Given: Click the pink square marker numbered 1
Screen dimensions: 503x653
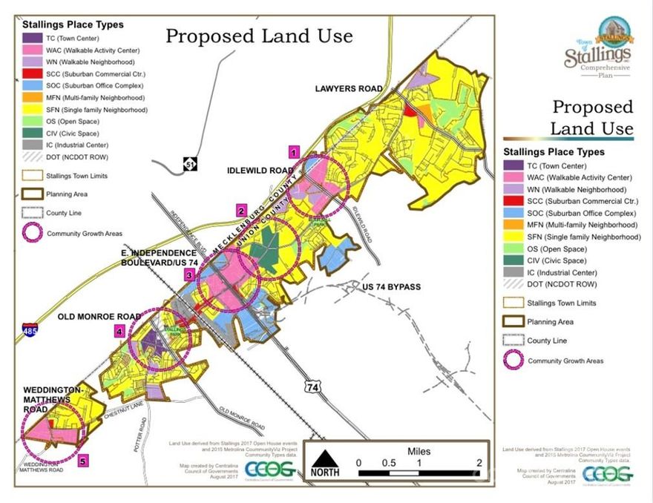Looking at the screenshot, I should pos(295,152).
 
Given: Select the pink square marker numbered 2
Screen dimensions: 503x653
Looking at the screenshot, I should pos(241,209).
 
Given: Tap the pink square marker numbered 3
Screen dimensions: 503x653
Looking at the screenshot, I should pos(190,275).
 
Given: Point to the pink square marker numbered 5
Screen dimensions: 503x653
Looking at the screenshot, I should pos(83,461).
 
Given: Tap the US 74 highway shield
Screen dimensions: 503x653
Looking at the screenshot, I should pos(312,387).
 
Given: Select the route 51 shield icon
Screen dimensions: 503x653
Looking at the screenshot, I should pos(191,163).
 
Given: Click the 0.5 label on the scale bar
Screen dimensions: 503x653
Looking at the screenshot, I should pos(389,462).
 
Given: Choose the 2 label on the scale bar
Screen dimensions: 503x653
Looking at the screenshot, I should pos(479,462).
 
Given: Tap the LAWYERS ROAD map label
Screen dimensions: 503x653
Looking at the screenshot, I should pos(348,88).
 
